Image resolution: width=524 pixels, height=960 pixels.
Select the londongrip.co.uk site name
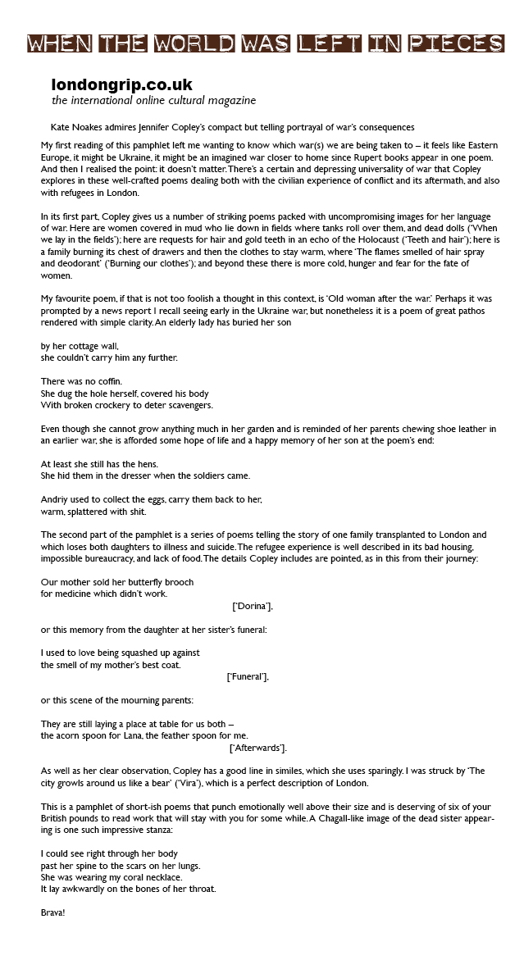pyautogui.click(x=121, y=85)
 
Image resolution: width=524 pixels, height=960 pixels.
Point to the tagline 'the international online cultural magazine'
pyautogui.click(x=153, y=101)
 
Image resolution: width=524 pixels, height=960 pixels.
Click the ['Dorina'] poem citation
pyautogui.click(x=253, y=606)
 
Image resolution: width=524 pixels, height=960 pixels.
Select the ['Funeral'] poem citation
pyautogui.click(x=247, y=677)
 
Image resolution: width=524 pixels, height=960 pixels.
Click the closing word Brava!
pyautogui.click(x=52, y=912)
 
